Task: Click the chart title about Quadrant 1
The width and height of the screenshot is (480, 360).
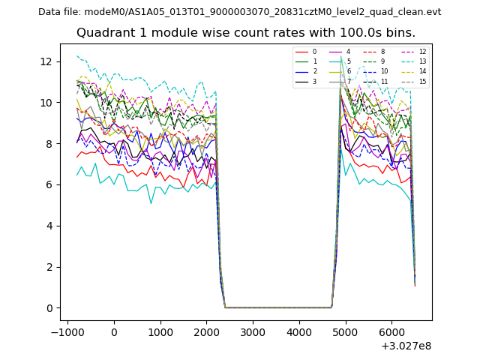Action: (x=246, y=33)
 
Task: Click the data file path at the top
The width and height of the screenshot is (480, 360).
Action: (x=240, y=12)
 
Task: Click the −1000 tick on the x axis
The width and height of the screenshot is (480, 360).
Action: (x=67, y=331)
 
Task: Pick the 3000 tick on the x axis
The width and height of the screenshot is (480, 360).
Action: (x=253, y=331)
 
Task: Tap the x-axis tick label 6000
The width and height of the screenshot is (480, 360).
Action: (x=391, y=331)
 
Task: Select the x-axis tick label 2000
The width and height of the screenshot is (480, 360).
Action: (x=206, y=331)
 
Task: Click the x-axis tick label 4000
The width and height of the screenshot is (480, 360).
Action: (x=299, y=331)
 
